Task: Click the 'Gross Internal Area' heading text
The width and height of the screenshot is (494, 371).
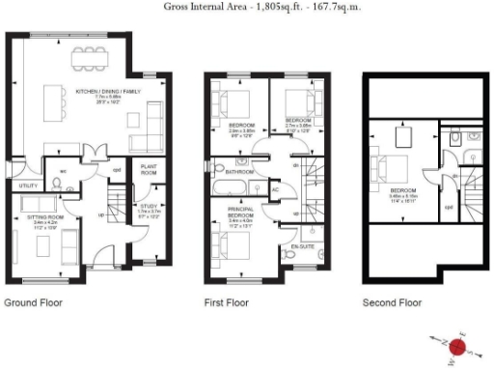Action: [x=247, y=8]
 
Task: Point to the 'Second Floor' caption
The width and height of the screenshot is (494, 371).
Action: [x=392, y=302]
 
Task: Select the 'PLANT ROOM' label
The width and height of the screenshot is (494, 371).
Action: [x=150, y=169]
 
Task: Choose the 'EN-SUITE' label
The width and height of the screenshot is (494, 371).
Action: [x=310, y=246]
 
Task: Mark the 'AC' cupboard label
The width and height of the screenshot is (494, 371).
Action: [x=276, y=190]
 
